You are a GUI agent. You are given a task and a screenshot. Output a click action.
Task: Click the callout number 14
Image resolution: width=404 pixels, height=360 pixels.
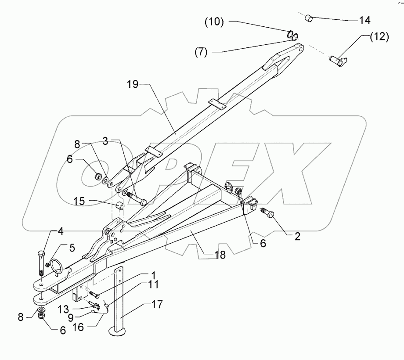click(x=364, y=20)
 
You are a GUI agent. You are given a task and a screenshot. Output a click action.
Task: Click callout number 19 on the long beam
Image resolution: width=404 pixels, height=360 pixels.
click(x=133, y=85)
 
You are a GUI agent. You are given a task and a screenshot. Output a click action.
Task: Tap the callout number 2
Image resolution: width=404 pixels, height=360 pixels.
click(x=297, y=237)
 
